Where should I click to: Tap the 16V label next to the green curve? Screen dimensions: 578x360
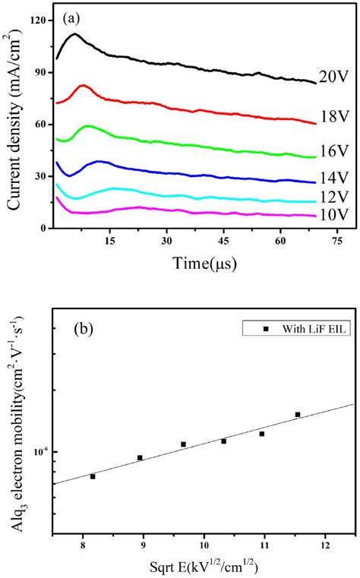point(333,163)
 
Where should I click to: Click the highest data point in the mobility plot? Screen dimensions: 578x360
point(298,415)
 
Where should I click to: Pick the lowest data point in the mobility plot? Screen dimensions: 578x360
point(93,476)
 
